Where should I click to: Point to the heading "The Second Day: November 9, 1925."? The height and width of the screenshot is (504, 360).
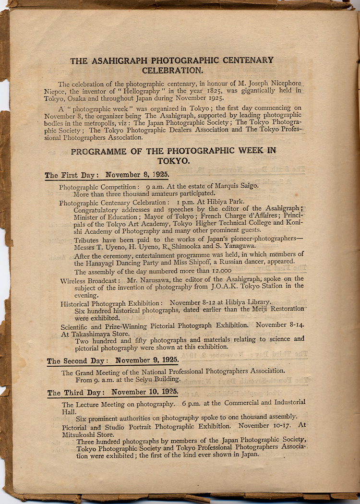tap(113, 360)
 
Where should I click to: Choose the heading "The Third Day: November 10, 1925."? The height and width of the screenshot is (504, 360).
tap(113, 392)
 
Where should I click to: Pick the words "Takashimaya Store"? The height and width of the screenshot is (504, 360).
tap(95, 333)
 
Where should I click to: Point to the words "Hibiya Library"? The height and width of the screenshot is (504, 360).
tap(247, 303)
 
